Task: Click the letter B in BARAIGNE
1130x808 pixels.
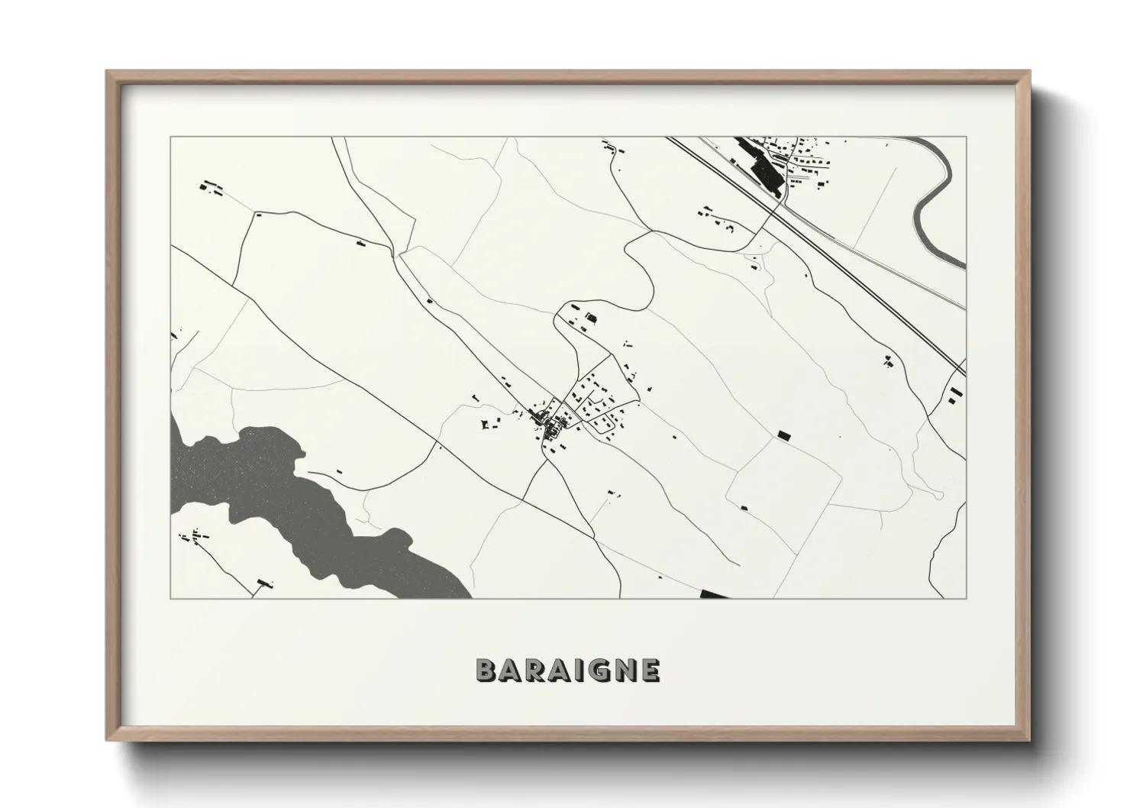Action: click(486, 670)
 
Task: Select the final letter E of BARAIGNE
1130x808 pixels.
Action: click(650, 670)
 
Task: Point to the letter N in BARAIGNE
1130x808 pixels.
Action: click(625, 670)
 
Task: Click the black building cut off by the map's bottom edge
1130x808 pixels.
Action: click(715, 593)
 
